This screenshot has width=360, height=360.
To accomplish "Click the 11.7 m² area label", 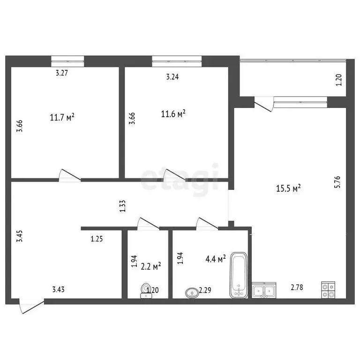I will coord(62,117).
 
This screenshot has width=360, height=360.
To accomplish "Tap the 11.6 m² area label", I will coord(173,113).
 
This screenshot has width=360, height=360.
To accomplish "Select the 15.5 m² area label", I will coord(288,188).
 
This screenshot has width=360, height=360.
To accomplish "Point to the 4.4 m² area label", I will coord(216,258).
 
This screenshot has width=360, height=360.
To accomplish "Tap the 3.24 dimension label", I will coord(173,77).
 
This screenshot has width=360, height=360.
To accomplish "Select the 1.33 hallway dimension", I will coord(122,206).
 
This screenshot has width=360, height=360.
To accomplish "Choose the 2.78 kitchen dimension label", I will coord(296,287).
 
